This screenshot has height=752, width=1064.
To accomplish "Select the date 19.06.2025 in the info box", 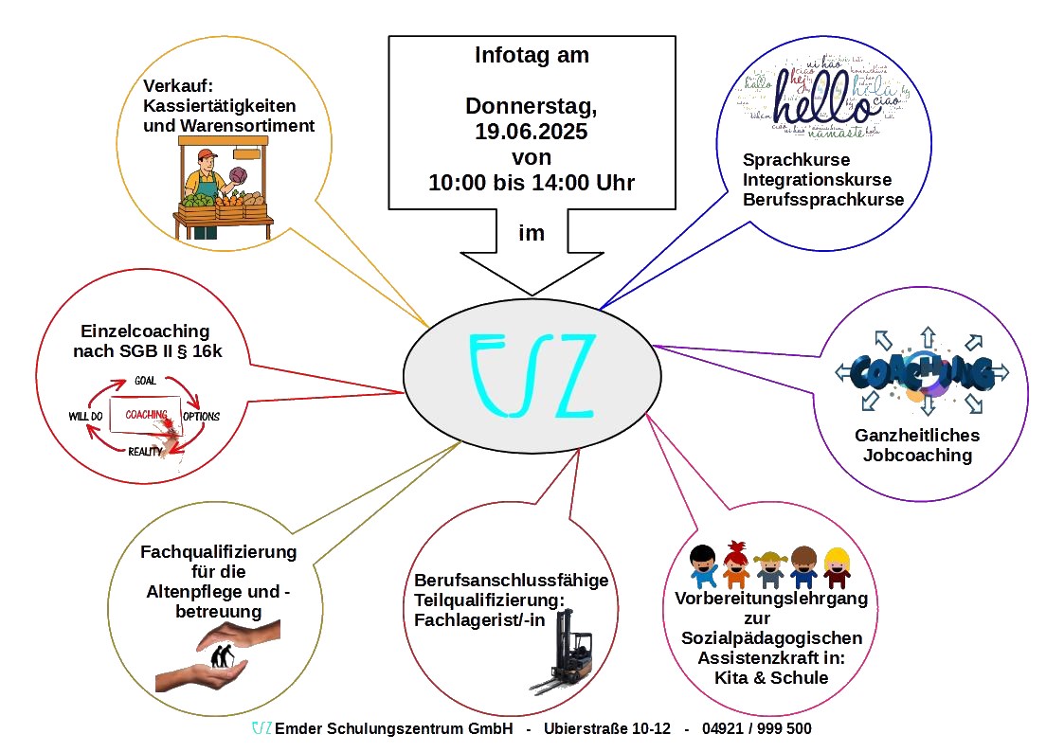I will (x=531, y=132).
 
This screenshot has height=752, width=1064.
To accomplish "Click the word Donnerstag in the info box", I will (x=531, y=106).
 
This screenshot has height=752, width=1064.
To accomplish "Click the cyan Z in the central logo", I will (x=567, y=376).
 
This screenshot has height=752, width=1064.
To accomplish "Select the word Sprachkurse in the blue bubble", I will (x=796, y=159).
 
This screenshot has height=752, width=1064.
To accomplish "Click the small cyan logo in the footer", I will (x=262, y=728).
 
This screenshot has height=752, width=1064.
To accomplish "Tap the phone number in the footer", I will (x=757, y=728).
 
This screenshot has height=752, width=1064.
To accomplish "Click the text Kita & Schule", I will (x=769, y=678).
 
